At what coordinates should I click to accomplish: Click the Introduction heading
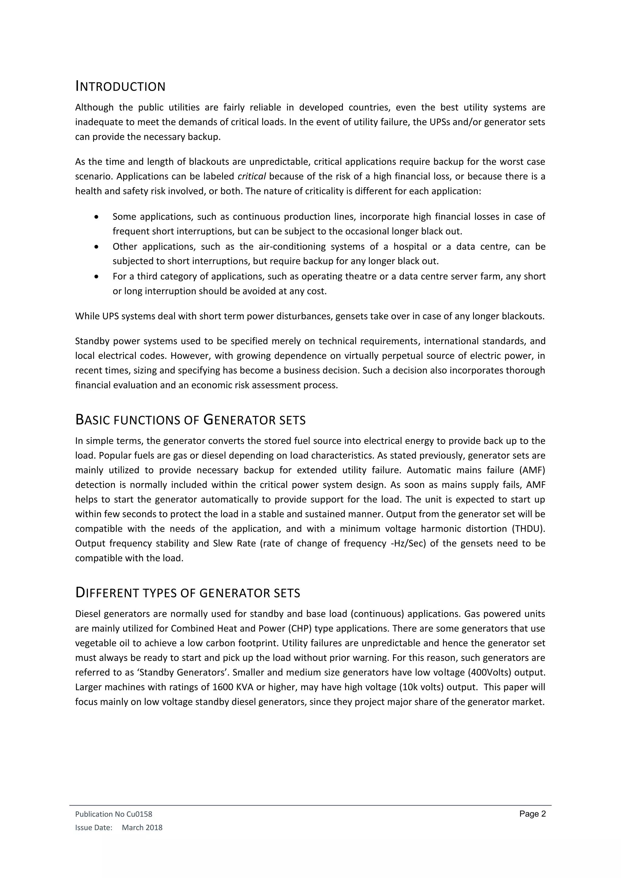coord(120,86)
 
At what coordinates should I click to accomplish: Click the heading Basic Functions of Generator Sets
coord(190,420)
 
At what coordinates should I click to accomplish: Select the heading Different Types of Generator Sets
coord(187,593)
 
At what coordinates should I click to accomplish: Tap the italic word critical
coord(252,176)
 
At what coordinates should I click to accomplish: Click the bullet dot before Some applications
coord(97,217)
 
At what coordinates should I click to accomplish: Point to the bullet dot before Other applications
coord(97,247)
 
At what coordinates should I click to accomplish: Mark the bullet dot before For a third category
coord(97,276)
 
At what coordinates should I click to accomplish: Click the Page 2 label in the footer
coord(532,814)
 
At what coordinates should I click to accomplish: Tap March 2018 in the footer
coord(142,828)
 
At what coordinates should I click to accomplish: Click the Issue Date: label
coord(94,828)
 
